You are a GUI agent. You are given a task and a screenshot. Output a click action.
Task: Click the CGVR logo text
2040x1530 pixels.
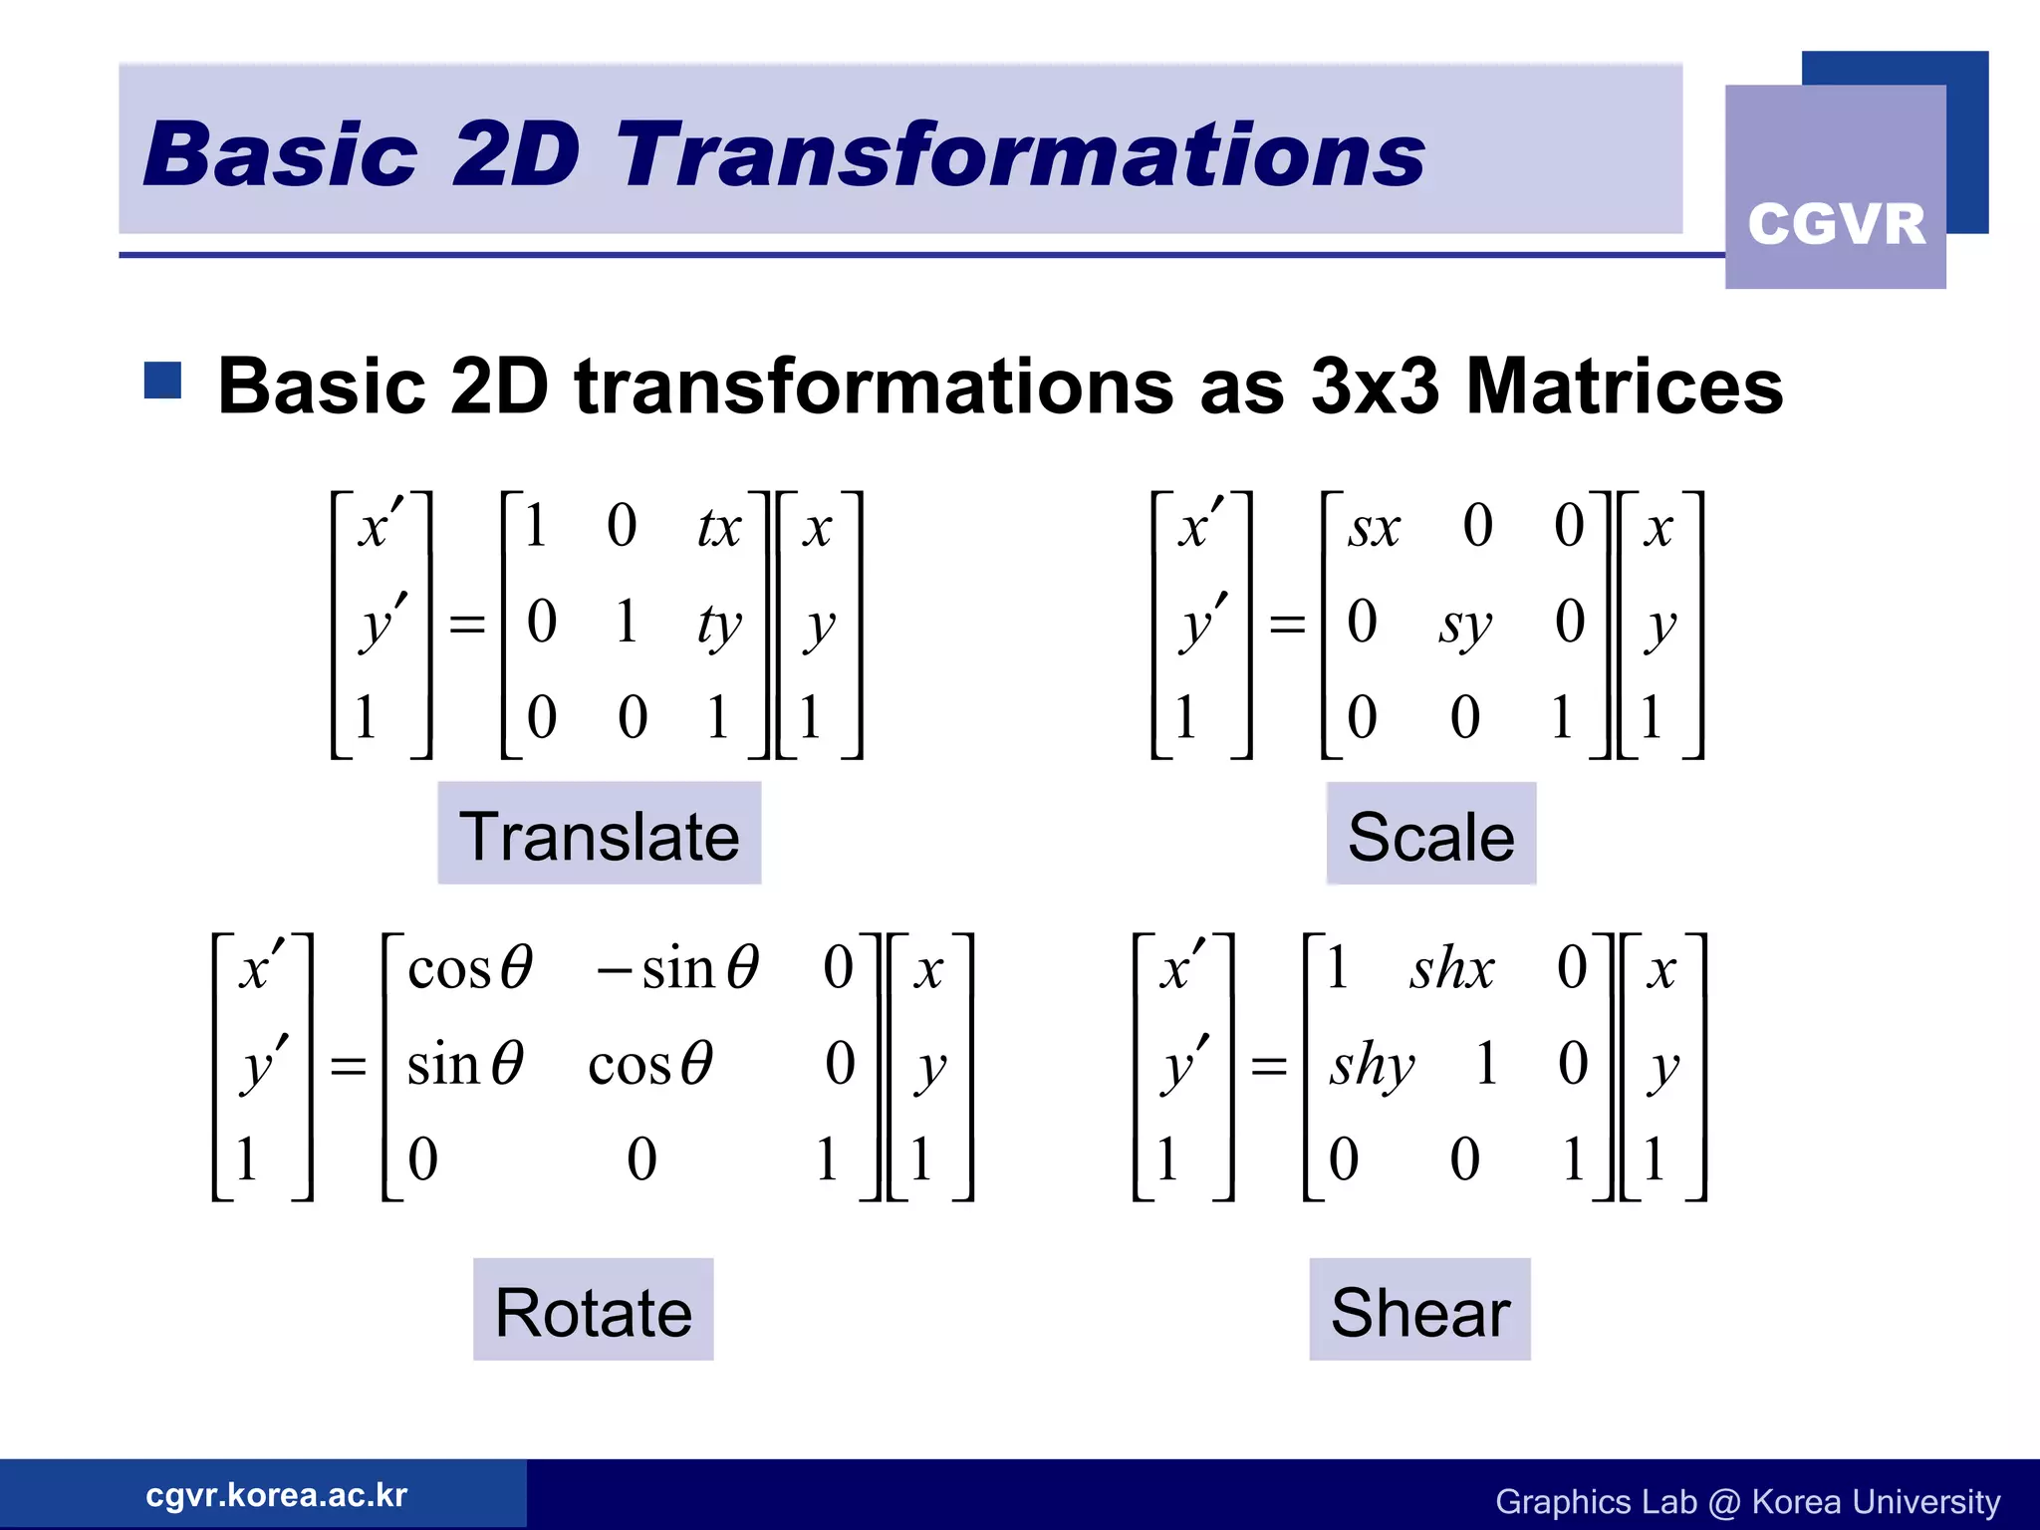pyautogui.click(x=1836, y=224)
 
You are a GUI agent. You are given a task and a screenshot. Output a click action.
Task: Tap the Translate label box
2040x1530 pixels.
pyautogui.click(x=600, y=834)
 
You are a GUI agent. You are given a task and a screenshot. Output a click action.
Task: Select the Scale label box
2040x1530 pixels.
pyautogui.click(x=1430, y=834)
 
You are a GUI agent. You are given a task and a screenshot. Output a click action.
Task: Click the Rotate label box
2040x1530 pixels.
pyautogui.click(x=594, y=1310)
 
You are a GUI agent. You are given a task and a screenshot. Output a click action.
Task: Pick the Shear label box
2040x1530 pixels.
pyautogui.click(x=1419, y=1310)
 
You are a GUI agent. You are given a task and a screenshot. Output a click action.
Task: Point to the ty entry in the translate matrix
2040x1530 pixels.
pyautogui.click(x=719, y=626)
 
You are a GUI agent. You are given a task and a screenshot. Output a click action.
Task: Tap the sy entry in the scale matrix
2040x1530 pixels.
pyautogui.click(x=1464, y=626)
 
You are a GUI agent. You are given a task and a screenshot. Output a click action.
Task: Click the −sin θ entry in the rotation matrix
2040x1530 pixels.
pyautogui.click(x=677, y=968)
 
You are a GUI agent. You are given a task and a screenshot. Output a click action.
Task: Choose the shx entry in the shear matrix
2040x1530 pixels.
pyautogui.click(x=1451, y=968)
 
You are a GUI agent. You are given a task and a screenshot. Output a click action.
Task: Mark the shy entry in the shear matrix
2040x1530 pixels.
pyautogui.click(x=1372, y=1065)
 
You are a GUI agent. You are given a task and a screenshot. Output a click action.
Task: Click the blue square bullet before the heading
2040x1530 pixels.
pyautogui.click(x=162, y=380)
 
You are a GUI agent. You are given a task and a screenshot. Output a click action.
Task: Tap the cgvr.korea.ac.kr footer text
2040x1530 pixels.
pyautogui.click(x=276, y=1494)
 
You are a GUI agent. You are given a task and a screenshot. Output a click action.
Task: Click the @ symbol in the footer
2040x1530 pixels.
pyautogui.click(x=1723, y=1501)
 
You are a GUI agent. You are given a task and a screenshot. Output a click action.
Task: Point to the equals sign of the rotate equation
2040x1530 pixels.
pyautogui.click(x=348, y=1067)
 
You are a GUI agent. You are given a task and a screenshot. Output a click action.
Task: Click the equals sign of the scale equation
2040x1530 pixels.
pyautogui.click(x=1287, y=626)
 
